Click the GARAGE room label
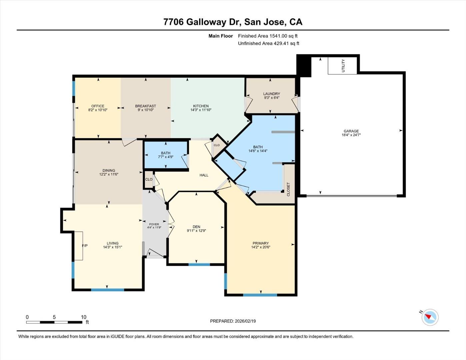(x=351, y=131)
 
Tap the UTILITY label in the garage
(x=343, y=66)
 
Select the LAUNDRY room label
(x=271, y=94)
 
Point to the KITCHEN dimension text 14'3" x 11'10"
(x=201, y=110)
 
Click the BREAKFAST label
(x=145, y=106)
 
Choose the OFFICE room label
(x=98, y=106)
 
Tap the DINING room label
(x=109, y=170)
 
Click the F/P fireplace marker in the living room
(x=85, y=246)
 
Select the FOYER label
(x=154, y=224)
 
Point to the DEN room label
(x=196, y=227)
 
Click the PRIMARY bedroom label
(x=260, y=243)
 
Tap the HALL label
(x=204, y=175)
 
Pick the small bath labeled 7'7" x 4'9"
(x=166, y=155)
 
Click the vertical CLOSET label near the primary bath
(x=288, y=189)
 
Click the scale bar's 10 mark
(x=83, y=317)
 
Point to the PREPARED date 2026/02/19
(x=245, y=321)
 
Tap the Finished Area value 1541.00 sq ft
(x=283, y=36)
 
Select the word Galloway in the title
(x=206, y=22)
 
